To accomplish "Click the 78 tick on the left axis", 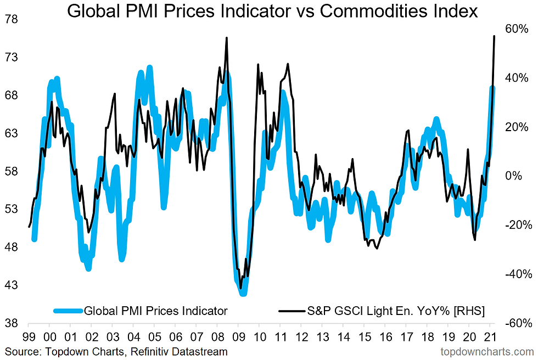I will coord(11,20).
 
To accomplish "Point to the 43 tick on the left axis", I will coord(11,285).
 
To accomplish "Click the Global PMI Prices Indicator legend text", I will coord(155,311).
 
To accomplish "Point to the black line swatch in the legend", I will coord(291,311).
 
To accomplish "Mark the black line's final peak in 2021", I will coord(495,36).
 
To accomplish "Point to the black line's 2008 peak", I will coord(227,38).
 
